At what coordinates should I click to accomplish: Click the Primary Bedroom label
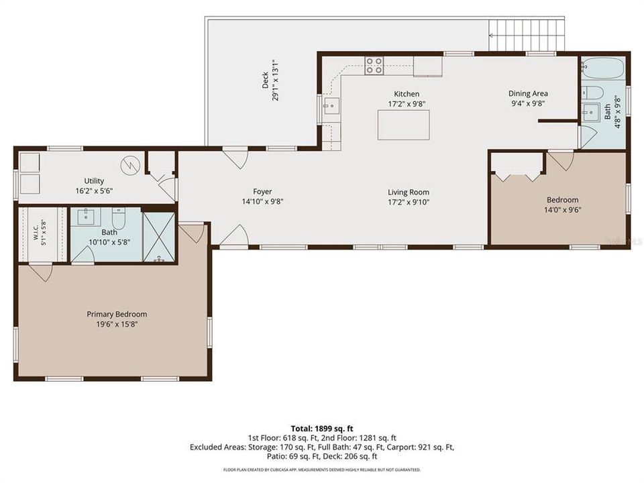pyautogui.click(x=117, y=314)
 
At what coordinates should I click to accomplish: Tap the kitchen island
pyautogui.click(x=404, y=125)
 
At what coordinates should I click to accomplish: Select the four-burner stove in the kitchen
pyautogui.click(x=374, y=66)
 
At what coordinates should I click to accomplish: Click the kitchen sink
pyautogui.click(x=331, y=107)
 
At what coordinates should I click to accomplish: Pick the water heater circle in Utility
pyautogui.click(x=130, y=165)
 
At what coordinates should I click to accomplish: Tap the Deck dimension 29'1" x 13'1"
pyautogui.click(x=276, y=80)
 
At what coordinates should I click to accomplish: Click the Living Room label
pyautogui.click(x=409, y=192)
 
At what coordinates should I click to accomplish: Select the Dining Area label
pyautogui.click(x=528, y=94)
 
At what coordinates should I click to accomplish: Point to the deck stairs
pyautogui.click(x=527, y=35)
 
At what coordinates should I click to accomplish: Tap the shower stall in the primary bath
pyautogui.click(x=158, y=237)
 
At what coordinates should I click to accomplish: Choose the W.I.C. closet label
pyautogui.click(x=36, y=233)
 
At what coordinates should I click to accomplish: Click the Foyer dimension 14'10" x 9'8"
pyautogui.click(x=262, y=202)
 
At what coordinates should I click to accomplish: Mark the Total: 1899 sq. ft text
pyautogui.click(x=322, y=429)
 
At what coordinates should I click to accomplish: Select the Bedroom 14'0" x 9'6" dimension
pyautogui.click(x=563, y=210)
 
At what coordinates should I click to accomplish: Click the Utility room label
pyautogui.click(x=94, y=180)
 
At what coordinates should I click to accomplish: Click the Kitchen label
pyautogui.click(x=407, y=94)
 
